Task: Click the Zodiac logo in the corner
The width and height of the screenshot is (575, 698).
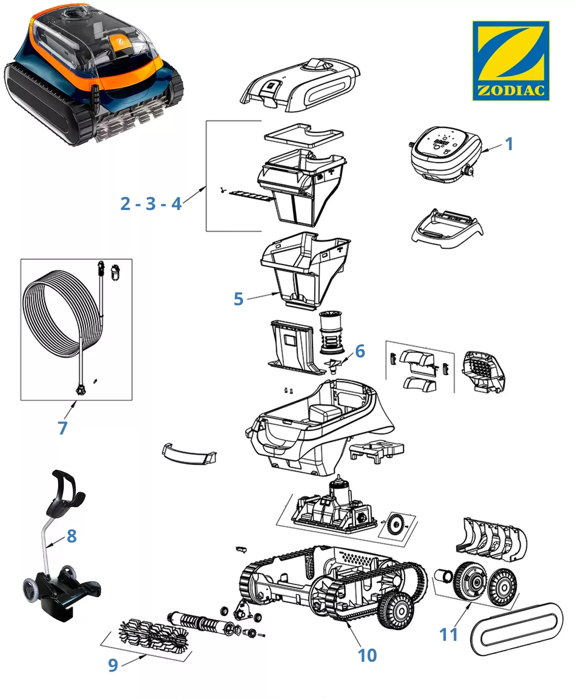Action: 511,60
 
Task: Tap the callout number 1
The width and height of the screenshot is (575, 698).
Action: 509,144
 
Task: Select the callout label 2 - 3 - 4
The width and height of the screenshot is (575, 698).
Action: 151,204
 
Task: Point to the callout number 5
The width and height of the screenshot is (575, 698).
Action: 239,299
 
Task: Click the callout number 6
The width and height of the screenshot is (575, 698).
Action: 360,351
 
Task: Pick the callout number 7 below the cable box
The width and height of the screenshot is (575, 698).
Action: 63,427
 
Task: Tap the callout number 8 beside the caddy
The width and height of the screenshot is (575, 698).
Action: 72,536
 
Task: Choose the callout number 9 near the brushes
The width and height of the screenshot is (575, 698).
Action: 113,665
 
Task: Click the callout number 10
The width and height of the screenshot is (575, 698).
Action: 367,655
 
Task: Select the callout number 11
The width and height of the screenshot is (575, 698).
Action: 449,634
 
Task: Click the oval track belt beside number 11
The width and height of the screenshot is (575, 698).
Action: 516,629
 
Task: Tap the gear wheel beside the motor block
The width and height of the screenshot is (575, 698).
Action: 395,525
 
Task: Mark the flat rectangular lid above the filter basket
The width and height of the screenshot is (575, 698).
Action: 304,135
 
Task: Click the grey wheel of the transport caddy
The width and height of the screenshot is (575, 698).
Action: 30,591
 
